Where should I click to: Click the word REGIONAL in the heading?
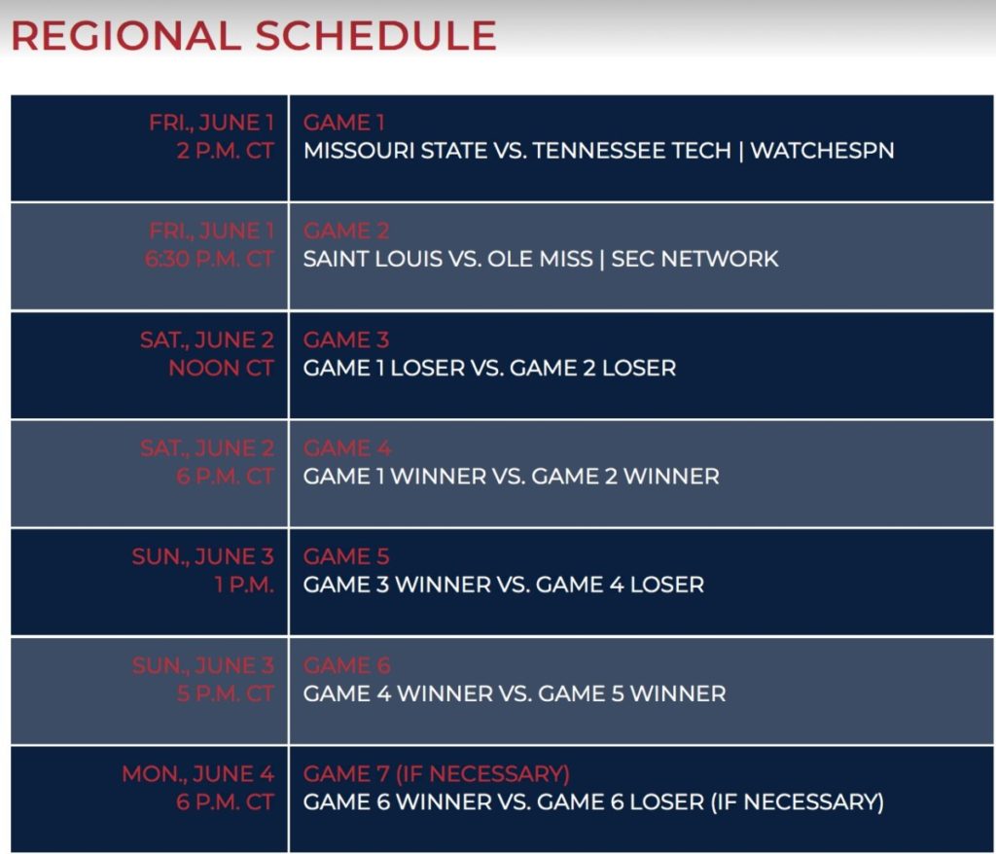[x=126, y=36]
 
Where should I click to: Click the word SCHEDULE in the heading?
[x=376, y=36]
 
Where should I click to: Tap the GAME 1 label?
[x=344, y=122]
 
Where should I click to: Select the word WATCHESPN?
[x=823, y=151]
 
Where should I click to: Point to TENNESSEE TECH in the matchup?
[x=632, y=151]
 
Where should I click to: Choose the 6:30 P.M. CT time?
[x=209, y=259]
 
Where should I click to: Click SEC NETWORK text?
[x=694, y=259]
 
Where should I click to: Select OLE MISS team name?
[x=540, y=259]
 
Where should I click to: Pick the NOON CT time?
[x=221, y=368]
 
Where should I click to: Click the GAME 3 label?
[x=346, y=340]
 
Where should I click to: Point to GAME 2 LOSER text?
[x=592, y=368]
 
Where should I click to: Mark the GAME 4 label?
[x=347, y=448]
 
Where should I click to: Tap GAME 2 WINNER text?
[x=625, y=476]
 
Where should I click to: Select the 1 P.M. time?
[x=244, y=585]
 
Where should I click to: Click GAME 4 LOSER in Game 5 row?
[x=620, y=585]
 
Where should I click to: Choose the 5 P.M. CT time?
[x=225, y=694]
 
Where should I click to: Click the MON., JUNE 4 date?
[x=197, y=774]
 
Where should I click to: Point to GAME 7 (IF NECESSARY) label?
[x=437, y=774]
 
